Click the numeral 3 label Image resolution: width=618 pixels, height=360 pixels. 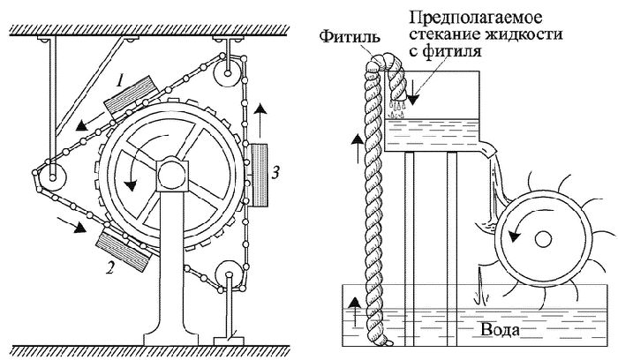click(277, 174)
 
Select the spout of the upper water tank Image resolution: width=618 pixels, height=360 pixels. click(487, 152)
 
